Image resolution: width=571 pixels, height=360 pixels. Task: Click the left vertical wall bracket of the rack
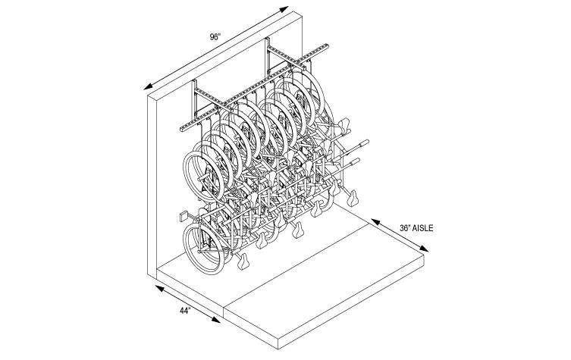point(195,99)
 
